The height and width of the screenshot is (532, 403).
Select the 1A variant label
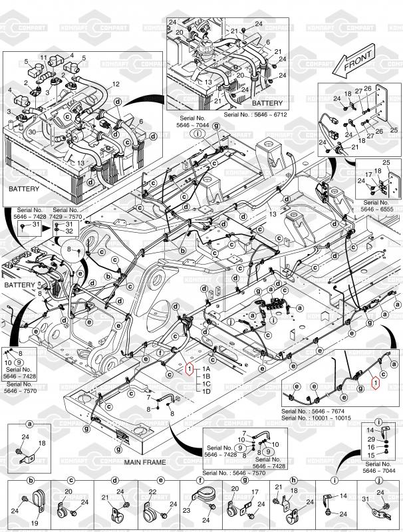coord(206,368)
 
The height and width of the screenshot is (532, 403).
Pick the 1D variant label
coord(206,391)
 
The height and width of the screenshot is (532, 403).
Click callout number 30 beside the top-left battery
coord(31,132)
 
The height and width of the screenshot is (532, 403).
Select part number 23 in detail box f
coord(186,511)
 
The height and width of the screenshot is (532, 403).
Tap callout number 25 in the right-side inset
coord(386,163)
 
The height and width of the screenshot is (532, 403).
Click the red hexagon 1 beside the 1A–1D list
coord(190,369)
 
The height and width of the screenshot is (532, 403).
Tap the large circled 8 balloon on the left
coord(68,249)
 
